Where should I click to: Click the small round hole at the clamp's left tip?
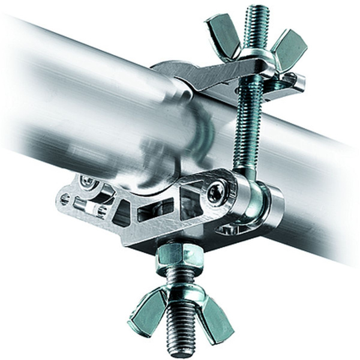(x=65, y=198)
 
